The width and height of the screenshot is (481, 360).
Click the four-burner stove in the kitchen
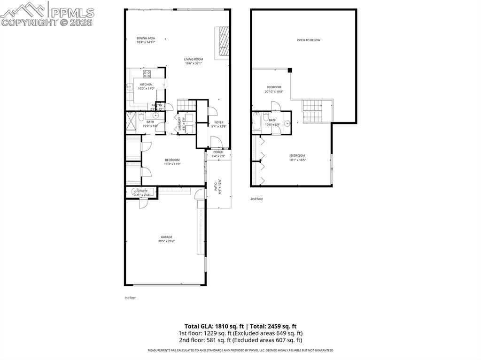[x=147, y=73]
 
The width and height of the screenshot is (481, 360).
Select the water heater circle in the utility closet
[x=135, y=191]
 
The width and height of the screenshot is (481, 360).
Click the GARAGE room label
[x=166, y=237]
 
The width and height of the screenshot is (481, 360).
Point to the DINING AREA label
[x=146, y=38]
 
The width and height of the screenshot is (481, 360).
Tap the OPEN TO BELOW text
[x=308, y=40]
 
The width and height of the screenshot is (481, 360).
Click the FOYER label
[x=219, y=123]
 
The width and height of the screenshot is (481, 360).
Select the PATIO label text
[x=216, y=187]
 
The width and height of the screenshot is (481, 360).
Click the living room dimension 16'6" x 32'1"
[x=194, y=63]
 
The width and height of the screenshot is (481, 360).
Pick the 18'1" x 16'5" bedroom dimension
[x=297, y=160]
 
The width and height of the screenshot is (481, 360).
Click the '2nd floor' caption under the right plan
[x=256, y=199]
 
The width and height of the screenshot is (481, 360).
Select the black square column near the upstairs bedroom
[x=290, y=70]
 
